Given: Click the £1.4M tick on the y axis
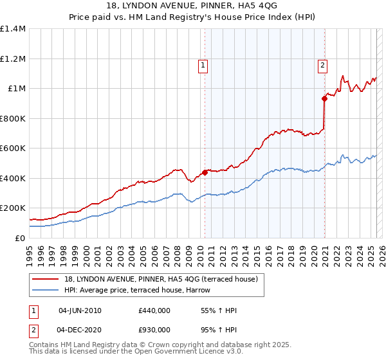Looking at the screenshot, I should tap(13, 29).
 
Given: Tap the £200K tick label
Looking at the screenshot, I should tap(13, 208).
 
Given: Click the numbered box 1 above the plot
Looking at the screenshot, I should tap(203, 64).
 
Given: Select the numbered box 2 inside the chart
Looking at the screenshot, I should tap(322, 64).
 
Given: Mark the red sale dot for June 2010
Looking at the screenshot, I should tap(205, 172).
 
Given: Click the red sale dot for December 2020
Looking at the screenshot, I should tap(324, 98).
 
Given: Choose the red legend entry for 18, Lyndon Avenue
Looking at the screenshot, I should tap(161, 279).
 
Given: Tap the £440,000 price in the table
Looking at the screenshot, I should tap(154, 310).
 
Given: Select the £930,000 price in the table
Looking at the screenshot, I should tap(154, 329).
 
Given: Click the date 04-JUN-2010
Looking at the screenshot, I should tap(80, 310).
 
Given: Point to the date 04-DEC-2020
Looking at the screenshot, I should tap(80, 329).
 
